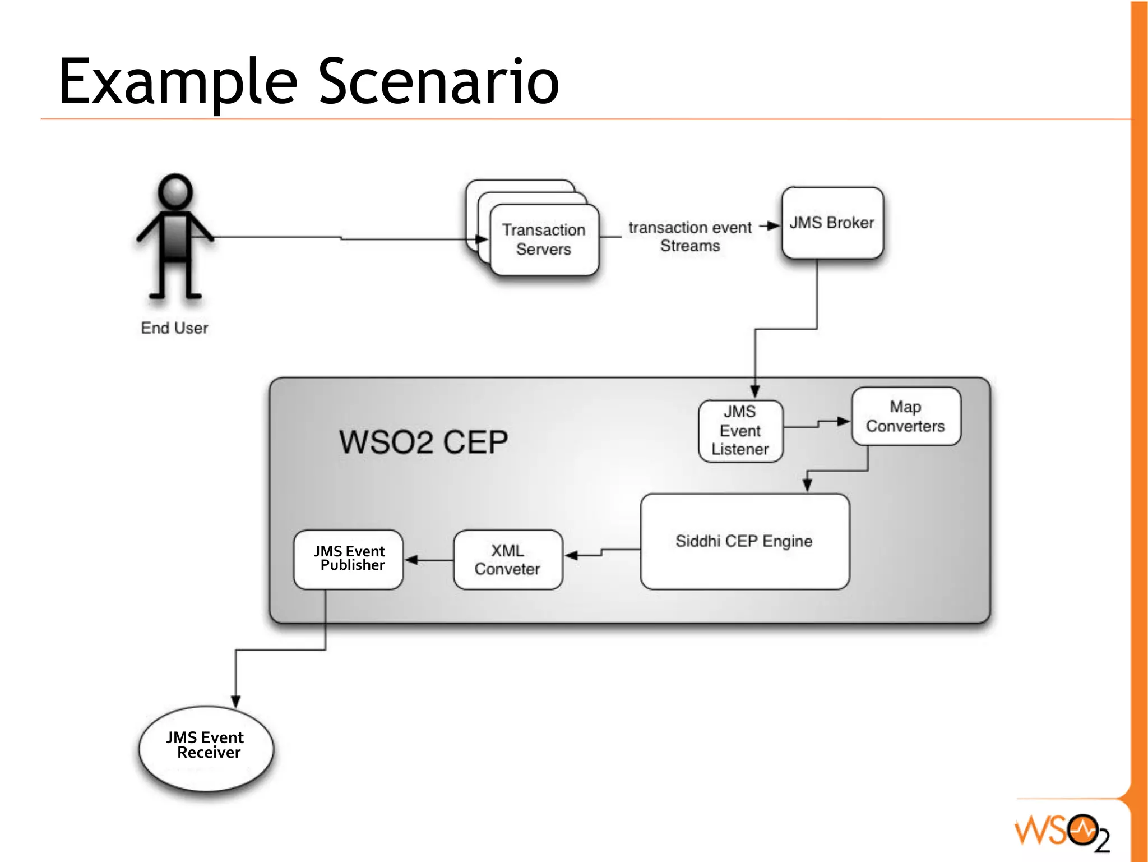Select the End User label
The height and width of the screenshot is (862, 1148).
[174, 328]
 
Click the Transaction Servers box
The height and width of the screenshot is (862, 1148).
[543, 240]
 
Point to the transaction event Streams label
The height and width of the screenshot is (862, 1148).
[689, 237]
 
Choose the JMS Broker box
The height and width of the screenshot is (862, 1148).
[832, 223]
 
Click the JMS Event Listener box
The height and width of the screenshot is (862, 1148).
[740, 431]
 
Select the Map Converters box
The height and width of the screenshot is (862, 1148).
[905, 417]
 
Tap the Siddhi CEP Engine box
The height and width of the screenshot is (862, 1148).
[744, 541]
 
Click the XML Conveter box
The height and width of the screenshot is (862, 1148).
[507, 560]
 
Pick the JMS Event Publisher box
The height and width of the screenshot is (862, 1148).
[349, 559]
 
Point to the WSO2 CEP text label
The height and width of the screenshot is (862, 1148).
[423, 442]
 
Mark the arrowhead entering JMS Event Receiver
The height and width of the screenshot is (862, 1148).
[235, 702]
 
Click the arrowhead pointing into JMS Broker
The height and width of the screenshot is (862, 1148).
[775, 226]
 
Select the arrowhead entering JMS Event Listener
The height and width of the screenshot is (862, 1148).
[755, 392]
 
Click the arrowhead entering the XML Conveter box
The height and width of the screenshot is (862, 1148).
[571, 555]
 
